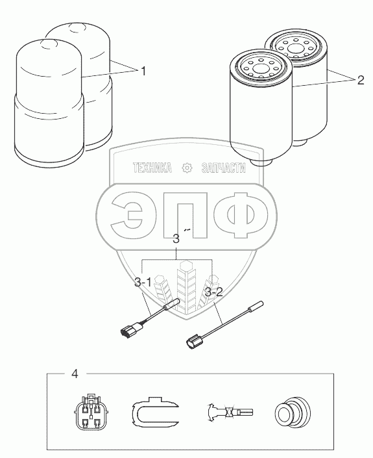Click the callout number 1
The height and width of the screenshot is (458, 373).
143,71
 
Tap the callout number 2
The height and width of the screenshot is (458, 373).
361,80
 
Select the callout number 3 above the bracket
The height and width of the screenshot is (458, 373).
176,238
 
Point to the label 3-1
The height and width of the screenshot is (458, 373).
143,283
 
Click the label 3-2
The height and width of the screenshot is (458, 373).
214,292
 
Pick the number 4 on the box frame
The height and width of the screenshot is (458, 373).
75,374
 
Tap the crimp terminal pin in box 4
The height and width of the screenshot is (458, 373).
230,412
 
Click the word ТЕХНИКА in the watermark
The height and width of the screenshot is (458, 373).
152,168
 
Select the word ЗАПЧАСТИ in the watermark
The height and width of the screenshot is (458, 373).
224,168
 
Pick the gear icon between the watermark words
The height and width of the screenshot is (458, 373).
187,168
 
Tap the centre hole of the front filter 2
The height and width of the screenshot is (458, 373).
260,69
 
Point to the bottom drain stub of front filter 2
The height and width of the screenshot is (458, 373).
261,162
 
